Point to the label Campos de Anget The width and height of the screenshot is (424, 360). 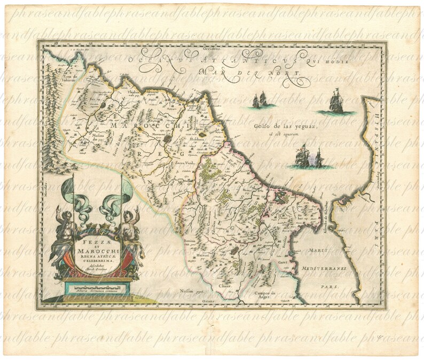(x=265, y=295)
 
